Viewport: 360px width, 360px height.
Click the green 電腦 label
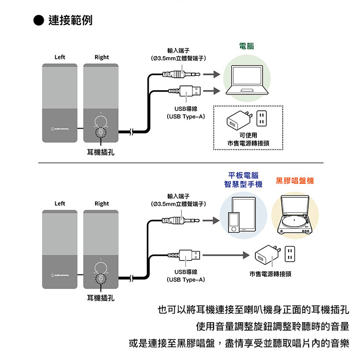(246, 47)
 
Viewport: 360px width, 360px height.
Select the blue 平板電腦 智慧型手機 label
(243, 180)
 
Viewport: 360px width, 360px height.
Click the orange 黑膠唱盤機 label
(295, 180)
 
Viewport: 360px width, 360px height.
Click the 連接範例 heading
(71, 21)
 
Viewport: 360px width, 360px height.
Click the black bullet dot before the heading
(39, 21)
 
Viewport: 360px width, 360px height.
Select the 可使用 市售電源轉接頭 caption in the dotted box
(249, 138)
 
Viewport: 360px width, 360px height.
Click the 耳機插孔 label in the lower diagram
(101, 298)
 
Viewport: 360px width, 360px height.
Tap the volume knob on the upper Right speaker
(101, 121)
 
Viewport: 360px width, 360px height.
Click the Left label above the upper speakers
(60, 57)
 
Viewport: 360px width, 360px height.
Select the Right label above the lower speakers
(101, 204)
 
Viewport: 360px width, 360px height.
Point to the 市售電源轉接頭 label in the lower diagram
(270, 274)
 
